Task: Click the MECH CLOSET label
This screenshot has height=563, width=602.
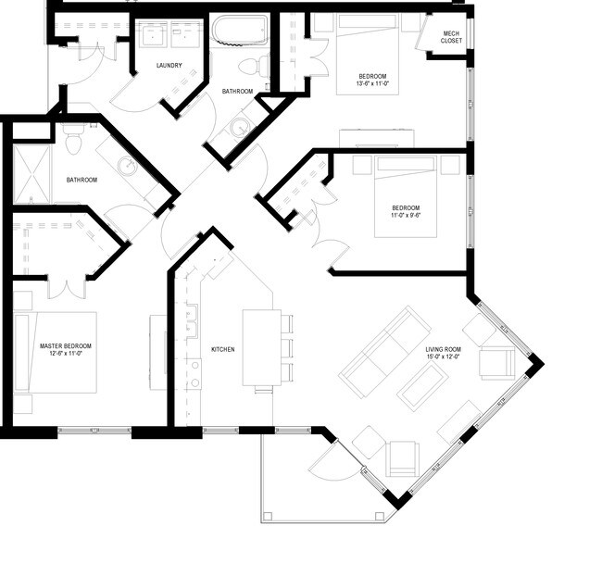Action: click(x=451, y=37)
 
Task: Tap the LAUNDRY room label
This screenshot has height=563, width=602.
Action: click(x=169, y=66)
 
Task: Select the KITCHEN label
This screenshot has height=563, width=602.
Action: click(x=222, y=350)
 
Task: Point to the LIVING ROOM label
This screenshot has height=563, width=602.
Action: click(x=443, y=350)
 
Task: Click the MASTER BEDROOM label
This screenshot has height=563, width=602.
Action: click(x=66, y=346)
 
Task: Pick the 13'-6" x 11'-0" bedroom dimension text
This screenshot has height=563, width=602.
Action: click(x=371, y=83)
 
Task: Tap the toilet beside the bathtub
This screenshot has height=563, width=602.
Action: click(x=254, y=66)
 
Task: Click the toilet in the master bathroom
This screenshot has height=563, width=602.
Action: click(x=73, y=139)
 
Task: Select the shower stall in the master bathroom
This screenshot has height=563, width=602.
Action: click(x=31, y=174)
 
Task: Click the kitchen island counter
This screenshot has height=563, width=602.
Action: click(x=262, y=347)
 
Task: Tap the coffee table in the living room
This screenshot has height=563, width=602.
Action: click(x=423, y=387)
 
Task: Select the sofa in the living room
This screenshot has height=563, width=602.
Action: click(x=384, y=351)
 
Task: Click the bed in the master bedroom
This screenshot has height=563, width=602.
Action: click(x=56, y=352)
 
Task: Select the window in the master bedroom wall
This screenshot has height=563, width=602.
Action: click(x=94, y=431)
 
